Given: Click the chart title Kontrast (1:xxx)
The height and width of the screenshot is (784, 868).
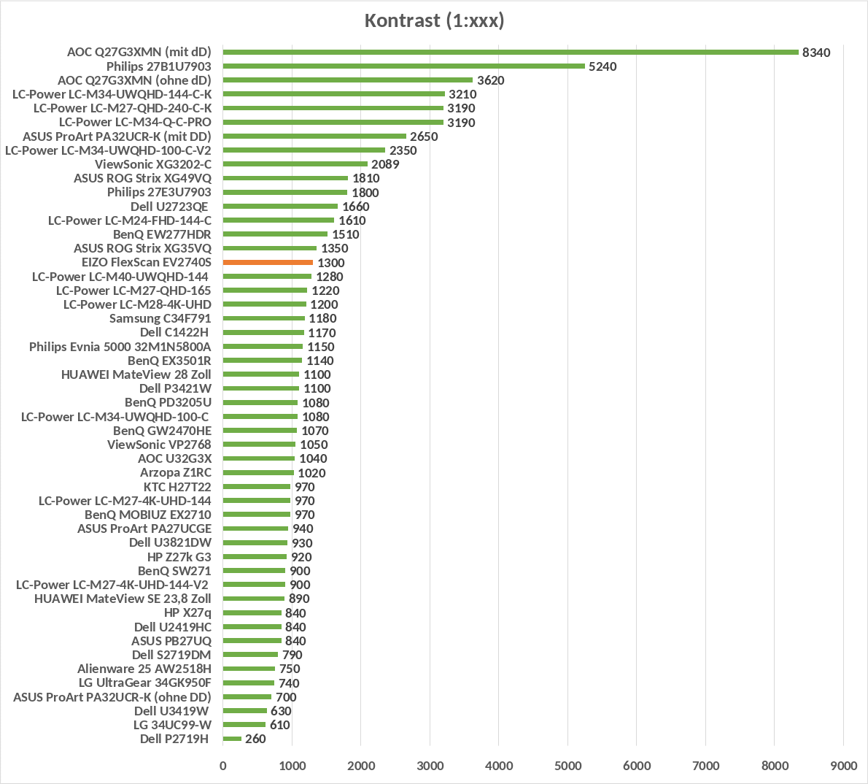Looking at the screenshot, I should tap(434, 20).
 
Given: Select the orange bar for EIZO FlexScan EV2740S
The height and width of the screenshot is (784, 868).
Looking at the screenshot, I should tap(268, 262).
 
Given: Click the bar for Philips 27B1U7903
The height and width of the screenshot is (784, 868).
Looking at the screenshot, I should tap(403, 66).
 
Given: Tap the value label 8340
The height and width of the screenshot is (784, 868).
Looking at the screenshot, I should tap(815, 53).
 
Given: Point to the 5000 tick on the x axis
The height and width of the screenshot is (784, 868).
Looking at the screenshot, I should tap(567, 766).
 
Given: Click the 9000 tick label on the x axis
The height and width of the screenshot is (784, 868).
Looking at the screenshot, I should tap(844, 766).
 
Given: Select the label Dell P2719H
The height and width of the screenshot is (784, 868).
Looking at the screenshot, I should tap(174, 739).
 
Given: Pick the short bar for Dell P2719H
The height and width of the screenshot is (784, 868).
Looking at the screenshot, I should tap(232, 739).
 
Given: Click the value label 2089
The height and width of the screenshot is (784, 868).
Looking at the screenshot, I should tap(385, 164).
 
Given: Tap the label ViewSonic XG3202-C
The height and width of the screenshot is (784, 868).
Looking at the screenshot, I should tap(153, 164).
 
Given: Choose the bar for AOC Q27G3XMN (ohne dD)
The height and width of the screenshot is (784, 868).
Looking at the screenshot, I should tap(347, 80).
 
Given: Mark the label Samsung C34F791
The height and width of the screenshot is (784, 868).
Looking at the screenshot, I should tap(160, 318).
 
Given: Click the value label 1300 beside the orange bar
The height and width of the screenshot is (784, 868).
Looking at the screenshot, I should tap(331, 263).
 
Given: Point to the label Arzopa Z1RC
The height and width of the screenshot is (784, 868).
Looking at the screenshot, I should tap(176, 472).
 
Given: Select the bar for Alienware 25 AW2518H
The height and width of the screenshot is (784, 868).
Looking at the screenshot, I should tap(249, 669).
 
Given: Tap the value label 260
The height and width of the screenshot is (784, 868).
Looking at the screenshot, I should tap(255, 739).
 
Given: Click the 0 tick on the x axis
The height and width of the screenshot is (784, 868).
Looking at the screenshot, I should tap(223, 766).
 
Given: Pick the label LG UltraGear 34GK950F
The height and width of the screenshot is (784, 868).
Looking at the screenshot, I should tap(145, 683).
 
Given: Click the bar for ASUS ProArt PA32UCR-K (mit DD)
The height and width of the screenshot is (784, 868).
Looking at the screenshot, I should tap(314, 137).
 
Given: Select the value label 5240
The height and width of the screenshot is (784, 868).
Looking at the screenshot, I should tap(602, 66).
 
